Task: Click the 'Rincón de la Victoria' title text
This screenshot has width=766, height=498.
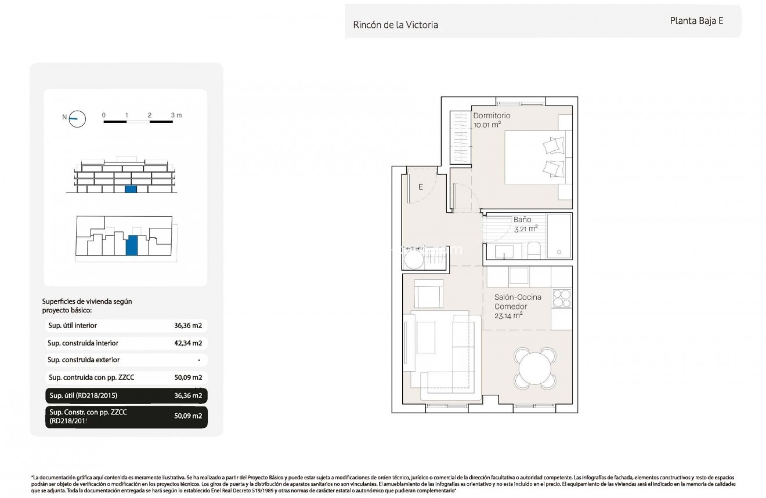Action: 395,25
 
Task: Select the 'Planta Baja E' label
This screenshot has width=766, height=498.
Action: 696,20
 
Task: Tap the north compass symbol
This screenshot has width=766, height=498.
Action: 77,119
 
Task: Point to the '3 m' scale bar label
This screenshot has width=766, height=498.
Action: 176,115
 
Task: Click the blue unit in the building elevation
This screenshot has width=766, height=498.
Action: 131,189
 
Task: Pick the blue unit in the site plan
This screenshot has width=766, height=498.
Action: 132,245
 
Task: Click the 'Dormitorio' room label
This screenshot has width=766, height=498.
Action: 492,115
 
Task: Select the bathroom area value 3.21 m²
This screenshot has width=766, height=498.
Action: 525,228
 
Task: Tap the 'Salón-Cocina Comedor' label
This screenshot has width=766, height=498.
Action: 518,301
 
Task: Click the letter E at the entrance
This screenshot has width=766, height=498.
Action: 421,187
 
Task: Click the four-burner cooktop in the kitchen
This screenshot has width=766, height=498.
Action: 562,297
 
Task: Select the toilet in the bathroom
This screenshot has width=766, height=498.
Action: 534,250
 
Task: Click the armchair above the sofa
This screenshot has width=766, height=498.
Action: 428,293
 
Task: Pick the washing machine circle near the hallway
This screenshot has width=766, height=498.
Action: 414,259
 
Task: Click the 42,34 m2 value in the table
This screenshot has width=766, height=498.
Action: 188,343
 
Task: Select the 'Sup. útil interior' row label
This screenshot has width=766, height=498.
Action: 73,326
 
